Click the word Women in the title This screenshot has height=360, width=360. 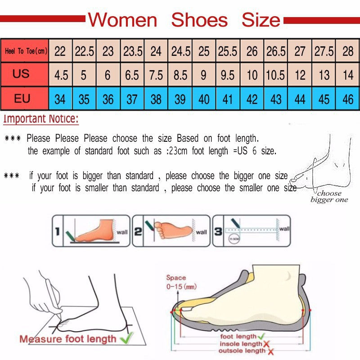point(122,20)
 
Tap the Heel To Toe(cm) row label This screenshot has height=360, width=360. point(26,51)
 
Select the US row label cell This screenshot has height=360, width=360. point(21,74)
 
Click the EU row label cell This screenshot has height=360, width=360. point(22,98)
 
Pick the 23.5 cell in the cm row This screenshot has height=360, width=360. point(133,51)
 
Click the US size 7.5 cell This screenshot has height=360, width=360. point(156,75)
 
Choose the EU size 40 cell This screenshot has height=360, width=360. point(204,99)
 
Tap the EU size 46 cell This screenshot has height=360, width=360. point(348,99)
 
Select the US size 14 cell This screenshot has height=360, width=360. point(348,75)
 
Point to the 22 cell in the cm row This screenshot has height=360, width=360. point(60,51)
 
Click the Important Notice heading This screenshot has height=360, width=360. point(41,119)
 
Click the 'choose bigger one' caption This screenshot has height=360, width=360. point(329,197)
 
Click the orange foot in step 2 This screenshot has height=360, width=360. point(173,229)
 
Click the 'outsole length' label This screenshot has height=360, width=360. point(242,351)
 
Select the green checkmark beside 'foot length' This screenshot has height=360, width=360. point(261,336)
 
